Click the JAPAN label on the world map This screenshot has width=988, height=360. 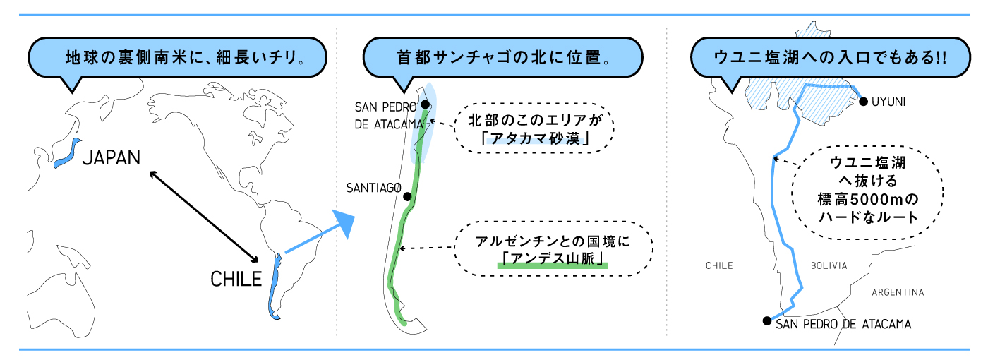[x=112, y=157]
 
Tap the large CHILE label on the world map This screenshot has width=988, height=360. [x=236, y=280]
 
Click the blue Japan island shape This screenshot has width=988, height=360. [x=66, y=154]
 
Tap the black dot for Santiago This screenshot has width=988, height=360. [x=407, y=196]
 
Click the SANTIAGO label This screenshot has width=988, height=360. [x=373, y=188]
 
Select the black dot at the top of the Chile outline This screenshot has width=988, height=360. [x=425, y=104]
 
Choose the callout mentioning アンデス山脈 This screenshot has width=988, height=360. [x=552, y=250]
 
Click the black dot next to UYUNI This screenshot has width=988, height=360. [x=863, y=102]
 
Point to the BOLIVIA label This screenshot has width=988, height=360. [x=829, y=265]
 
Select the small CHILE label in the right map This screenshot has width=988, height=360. [x=719, y=265]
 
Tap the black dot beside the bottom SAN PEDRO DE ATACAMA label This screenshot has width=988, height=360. [x=766, y=321]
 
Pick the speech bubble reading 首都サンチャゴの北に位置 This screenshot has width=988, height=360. [x=502, y=57]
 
